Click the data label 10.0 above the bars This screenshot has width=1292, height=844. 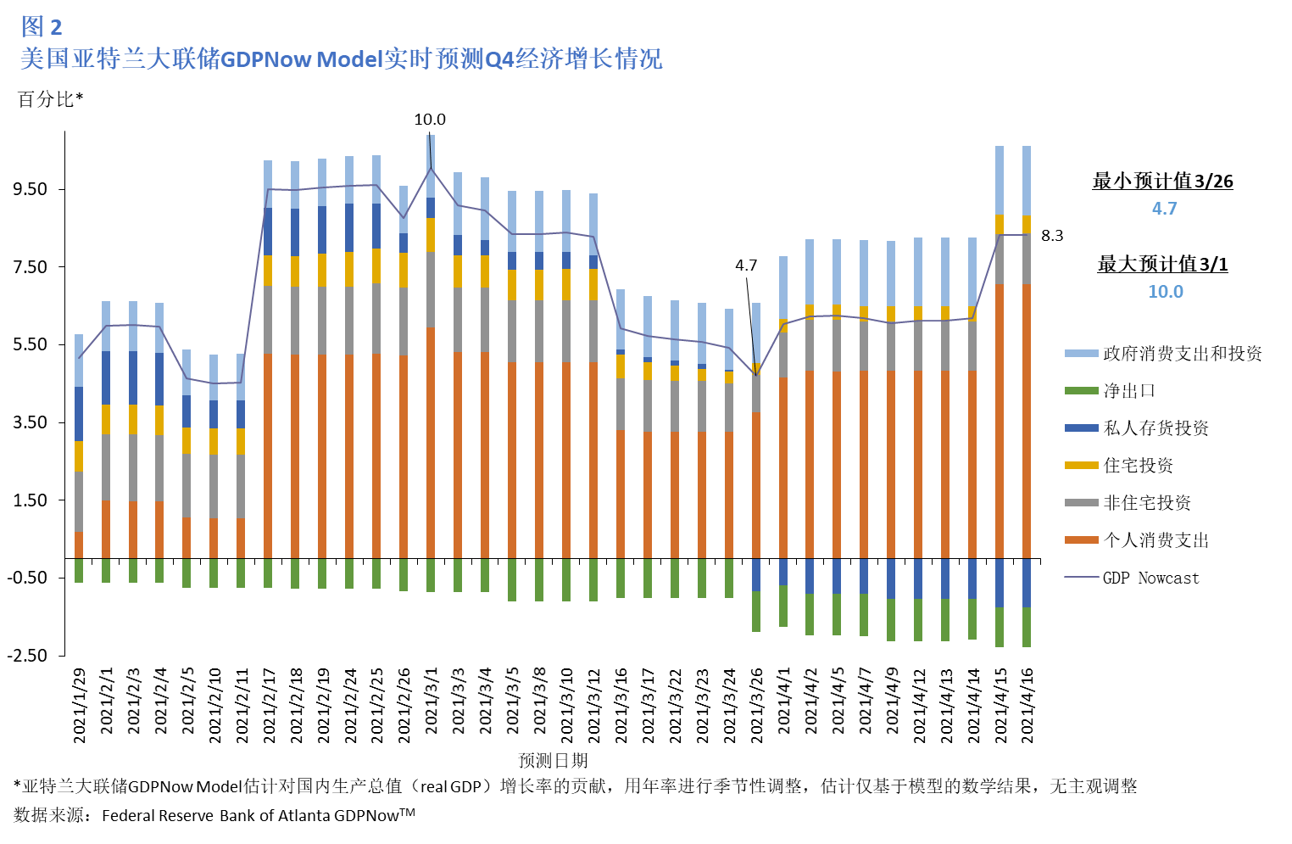coord(429,120)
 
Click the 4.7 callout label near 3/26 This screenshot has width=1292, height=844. coord(745,265)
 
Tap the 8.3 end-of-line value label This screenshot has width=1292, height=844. coord(1051,236)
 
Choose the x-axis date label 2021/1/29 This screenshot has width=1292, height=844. coord(80,706)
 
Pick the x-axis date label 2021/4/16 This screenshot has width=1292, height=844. coord(1027,706)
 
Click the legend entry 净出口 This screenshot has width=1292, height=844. coord(1128,391)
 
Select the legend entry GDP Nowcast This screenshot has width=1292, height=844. coord(1150,578)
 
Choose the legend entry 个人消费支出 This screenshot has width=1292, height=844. coord(1156,540)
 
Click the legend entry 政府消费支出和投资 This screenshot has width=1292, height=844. coord(1182,354)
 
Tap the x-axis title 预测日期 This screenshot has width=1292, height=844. coord(553,760)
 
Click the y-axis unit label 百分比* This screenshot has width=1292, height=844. coord(50,99)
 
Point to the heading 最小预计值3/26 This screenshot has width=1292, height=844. coord(1162,181)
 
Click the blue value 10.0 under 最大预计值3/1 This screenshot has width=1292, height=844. coord(1165,292)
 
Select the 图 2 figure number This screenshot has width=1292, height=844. coord(41,27)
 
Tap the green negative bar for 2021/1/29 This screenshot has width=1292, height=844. coord(79,571)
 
